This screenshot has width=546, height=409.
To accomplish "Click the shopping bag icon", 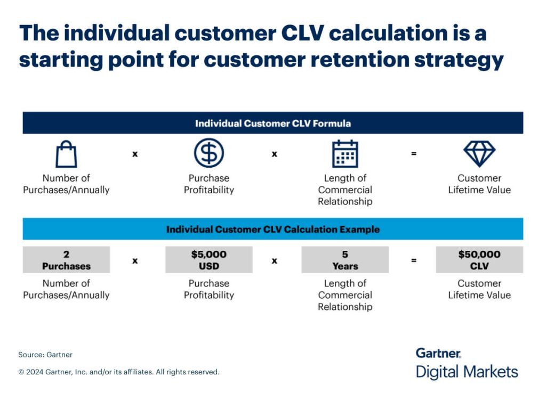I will pos(66,154).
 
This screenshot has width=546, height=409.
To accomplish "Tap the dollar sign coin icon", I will pos(208,153).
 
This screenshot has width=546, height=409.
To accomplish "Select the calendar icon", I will pos(345,154).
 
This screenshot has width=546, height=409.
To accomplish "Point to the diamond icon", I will pos(479,153).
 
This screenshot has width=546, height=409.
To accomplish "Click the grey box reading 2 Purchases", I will pos(66,260).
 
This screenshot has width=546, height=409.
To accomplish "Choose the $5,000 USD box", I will pos(208,260).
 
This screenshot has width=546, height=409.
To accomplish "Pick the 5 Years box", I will pos(345,260).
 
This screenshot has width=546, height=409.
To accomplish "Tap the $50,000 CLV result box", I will pos(479,260).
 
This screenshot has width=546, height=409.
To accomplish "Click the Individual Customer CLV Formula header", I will pos(272,123).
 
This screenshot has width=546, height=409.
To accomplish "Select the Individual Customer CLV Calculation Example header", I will pos(272,230).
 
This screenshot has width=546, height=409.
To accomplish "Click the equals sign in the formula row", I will pos(413,154).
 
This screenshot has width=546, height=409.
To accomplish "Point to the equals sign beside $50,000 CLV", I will pos(413,260).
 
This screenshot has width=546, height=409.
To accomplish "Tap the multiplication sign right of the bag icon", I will pos(135,154).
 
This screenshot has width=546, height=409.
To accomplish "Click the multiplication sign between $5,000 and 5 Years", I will pos(274,260).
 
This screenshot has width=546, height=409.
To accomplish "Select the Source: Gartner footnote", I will pos(45,354).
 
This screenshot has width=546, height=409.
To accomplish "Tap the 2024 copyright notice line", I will pos(118,372).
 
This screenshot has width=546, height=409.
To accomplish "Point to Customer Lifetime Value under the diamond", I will pos(479,184).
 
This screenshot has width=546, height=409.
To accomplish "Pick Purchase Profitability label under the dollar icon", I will pos(208,184).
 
